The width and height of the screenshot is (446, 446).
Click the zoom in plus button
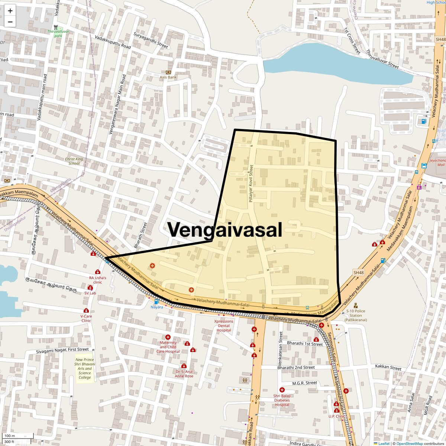[x=10, y=11]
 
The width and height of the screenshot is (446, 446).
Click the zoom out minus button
[x=10, y=22]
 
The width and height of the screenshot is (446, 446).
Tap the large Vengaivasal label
[x=225, y=230]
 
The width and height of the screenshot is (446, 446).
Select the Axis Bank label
[x=168, y=77]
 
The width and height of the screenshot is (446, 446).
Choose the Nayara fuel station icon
[x=156, y=302]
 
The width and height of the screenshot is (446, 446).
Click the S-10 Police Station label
[x=355, y=316]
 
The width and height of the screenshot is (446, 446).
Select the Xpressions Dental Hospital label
[x=224, y=326]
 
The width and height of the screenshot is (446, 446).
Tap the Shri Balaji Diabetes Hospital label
[x=282, y=400]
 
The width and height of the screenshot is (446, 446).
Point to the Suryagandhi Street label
[x=151, y=40]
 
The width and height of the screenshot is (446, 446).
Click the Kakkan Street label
[x=388, y=368]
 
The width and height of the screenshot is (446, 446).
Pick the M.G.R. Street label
[x=305, y=383]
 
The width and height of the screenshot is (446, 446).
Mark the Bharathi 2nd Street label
[x=296, y=367]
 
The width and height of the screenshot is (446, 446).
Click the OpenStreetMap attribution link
[x=409, y=443]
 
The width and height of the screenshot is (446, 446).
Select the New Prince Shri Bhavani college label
[x=85, y=369]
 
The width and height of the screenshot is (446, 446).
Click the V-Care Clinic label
[x=86, y=318]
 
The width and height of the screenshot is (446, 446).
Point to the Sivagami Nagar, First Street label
[x=62, y=350]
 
